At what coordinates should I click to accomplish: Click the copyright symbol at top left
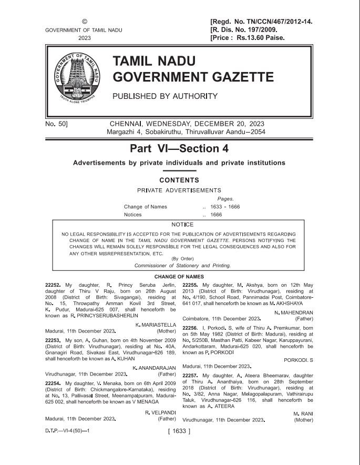pyautogui.click(x=84, y=22)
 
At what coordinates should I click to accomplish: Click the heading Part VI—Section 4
pyautogui.click(x=179, y=149)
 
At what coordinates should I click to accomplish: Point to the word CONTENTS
pyautogui.click(x=179, y=180)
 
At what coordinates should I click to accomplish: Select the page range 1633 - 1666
pyautogui.click(x=225, y=207)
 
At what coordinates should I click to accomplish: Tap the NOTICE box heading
pyautogui.click(x=179, y=225)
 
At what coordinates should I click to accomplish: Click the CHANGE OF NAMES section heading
pyautogui.click(x=179, y=277)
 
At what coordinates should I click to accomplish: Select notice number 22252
pyautogui.click(x=54, y=285)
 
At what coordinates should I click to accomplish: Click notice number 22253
pyautogui.click(x=54, y=340)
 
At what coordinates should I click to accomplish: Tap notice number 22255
pyautogui.click(x=191, y=285)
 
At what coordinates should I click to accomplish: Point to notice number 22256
pyautogui.click(x=191, y=328)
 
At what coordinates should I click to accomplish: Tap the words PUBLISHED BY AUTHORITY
pyautogui.click(x=165, y=96)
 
